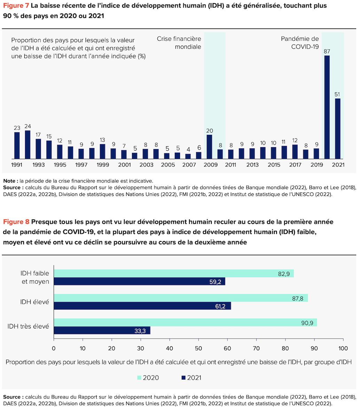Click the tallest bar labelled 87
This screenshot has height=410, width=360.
[x=327, y=107]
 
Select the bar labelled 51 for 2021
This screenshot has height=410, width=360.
[x=338, y=129]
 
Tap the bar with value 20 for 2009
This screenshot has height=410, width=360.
[x=209, y=147]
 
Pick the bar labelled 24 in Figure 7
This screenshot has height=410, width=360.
[x=28, y=145]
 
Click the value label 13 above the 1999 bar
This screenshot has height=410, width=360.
[x=102, y=140]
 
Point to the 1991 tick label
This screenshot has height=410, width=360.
[x=17, y=165]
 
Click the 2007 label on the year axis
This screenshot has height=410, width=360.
[x=189, y=165]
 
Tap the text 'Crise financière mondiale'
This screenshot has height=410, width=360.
[x=179, y=42]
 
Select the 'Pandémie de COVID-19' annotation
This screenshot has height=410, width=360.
[x=300, y=42]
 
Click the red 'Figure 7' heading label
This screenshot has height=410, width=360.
[x=16, y=6]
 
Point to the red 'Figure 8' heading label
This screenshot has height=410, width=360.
[x=16, y=222]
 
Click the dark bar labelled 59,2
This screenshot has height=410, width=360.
[x=139, y=281]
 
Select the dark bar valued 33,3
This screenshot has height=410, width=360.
[x=102, y=330]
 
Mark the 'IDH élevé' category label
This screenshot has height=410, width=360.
[x=34, y=302]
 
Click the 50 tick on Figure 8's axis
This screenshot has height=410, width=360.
[x=198, y=348]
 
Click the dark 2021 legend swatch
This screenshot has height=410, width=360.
[x=183, y=378]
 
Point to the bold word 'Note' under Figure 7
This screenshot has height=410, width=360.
[x=10, y=181]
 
